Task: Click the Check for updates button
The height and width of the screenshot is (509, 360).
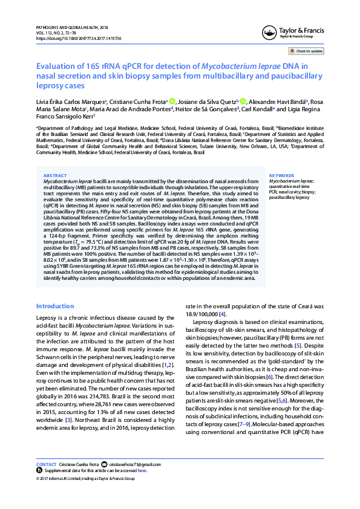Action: pos(309,51)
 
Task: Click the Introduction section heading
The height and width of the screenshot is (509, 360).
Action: pos(56,306)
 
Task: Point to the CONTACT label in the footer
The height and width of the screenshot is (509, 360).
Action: pos(46,464)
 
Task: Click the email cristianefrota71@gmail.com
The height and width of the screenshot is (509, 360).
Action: pos(135,464)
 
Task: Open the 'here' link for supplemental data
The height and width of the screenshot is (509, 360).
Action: pos(142,470)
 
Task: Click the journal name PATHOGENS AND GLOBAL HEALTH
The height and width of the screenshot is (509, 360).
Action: pos(72,27)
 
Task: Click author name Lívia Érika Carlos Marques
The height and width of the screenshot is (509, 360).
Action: pos(71,101)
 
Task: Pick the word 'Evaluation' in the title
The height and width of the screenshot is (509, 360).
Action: pos(56,66)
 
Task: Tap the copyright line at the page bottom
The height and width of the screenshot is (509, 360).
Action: pos(85,478)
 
